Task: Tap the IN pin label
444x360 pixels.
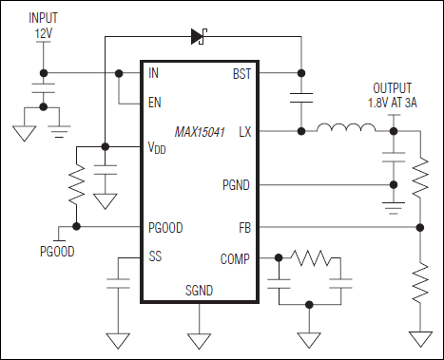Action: tap(154, 72)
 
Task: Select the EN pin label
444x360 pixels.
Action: tap(156, 103)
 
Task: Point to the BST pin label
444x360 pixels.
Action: tap(241, 72)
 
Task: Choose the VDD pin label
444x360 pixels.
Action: tap(159, 148)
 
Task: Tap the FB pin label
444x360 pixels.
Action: tap(245, 228)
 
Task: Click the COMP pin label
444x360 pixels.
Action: tap(235, 257)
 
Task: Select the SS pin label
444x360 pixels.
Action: tap(155, 257)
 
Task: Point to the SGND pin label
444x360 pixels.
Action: tap(199, 290)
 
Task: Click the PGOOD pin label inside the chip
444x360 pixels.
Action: tap(166, 228)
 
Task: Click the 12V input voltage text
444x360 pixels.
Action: tap(43, 34)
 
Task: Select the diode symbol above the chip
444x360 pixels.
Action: tap(199, 37)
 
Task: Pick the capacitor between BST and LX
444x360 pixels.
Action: tap(301, 100)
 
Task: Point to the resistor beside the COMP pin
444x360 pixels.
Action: tap(307, 257)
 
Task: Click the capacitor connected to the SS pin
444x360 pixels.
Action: tap(118, 282)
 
